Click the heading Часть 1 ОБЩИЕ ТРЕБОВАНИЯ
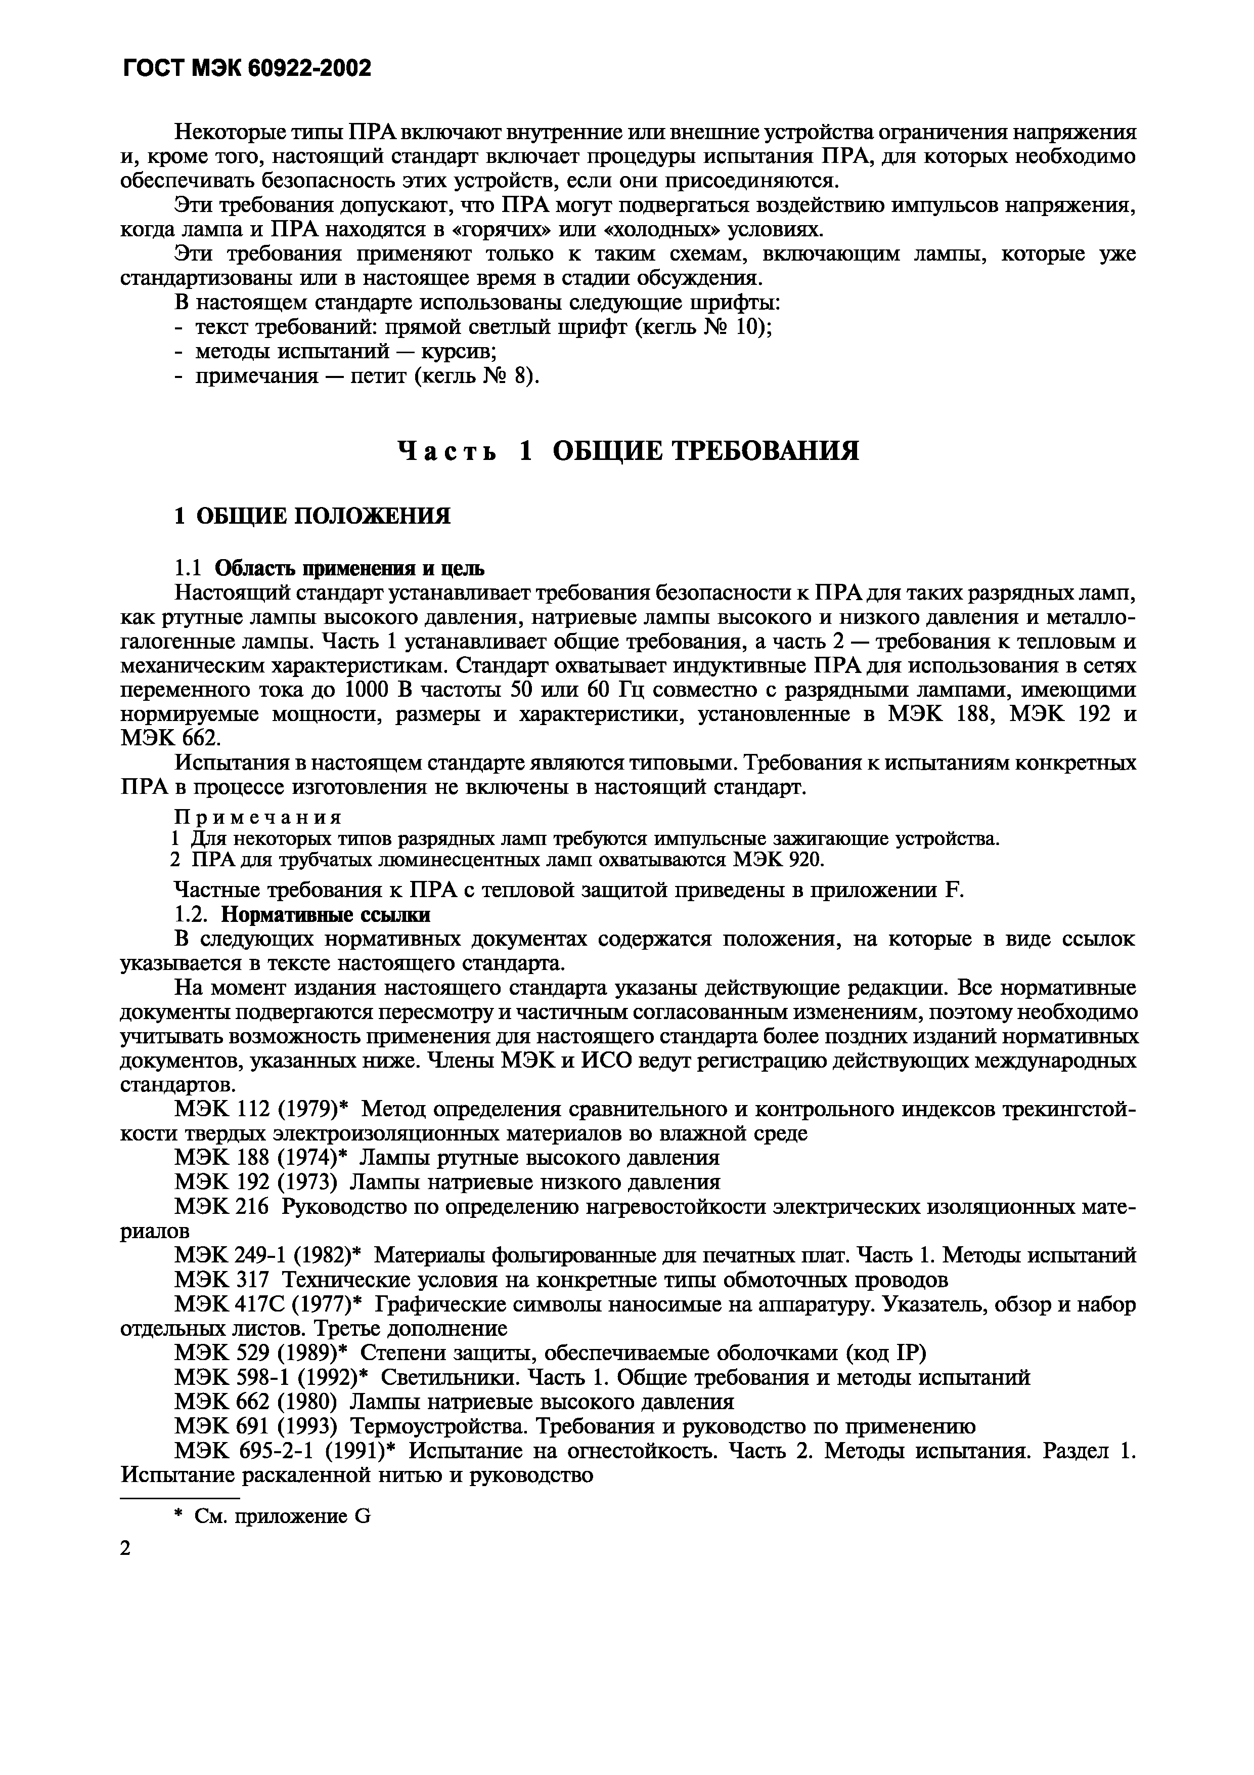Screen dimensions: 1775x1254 [628, 451]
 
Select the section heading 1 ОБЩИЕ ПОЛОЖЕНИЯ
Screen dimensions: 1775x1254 [312, 516]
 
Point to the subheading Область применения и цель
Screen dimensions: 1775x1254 [349, 569]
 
